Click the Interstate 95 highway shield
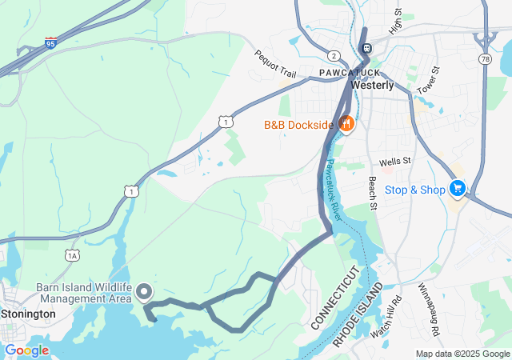[51, 42]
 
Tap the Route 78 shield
[484, 59]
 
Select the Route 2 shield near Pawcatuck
[332, 55]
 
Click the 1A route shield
[73, 255]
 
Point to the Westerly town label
[372, 86]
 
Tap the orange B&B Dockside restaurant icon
[346, 124]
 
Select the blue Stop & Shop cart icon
[457, 189]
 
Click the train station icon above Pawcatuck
[366, 49]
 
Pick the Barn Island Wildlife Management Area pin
[145, 292]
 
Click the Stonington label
[28, 314]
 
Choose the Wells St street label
[394, 161]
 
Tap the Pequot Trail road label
[275, 64]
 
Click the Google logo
[26, 350]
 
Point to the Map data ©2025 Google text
[462, 354]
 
